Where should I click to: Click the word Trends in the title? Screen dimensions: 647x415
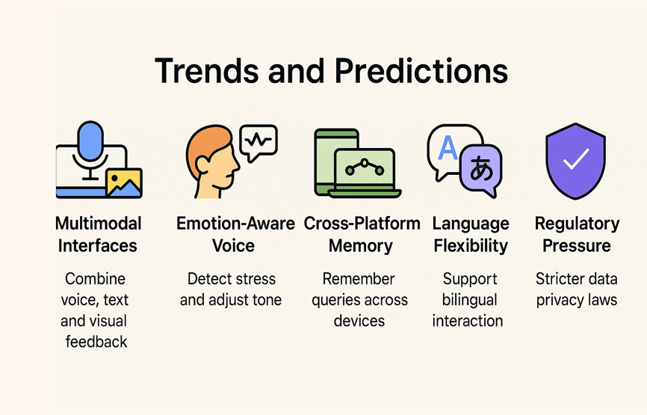[207, 70]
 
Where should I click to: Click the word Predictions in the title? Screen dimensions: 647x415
[421, 70]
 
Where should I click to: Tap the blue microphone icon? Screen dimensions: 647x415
[90, 141]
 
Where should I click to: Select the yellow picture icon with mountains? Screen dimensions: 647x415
[124, 182]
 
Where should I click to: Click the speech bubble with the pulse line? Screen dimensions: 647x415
[259, 143]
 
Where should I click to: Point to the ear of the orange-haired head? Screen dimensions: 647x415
[202, 165]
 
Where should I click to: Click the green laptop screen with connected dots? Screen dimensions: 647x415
[365, 168]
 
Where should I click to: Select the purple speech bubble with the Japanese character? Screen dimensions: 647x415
[481, 170]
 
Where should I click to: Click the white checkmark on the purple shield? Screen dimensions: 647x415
[576, 159]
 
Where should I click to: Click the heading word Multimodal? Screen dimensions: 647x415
[99, 224]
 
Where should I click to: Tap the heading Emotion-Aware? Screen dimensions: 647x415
[235, 224]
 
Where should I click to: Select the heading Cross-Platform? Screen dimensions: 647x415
[362, 224]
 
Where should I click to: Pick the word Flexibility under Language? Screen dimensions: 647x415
[471, 246]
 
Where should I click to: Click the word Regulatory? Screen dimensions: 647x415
[578, 224]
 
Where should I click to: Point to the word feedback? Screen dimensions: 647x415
[96, 342]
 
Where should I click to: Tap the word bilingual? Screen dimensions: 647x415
[470, 300]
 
